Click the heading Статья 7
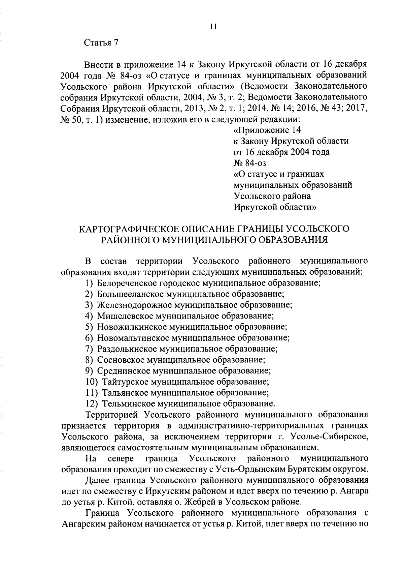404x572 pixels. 101,43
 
